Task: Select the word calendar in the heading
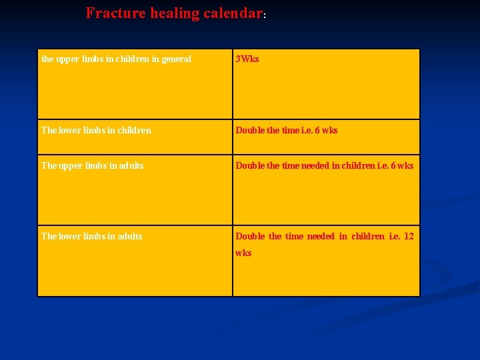[233, 13]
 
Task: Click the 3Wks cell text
[247, 59]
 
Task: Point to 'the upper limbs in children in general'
[116, 59]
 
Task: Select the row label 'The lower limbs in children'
[96, 130]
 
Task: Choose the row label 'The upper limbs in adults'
[92, 165]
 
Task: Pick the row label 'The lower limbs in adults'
[91, 236]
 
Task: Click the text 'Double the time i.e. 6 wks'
[287, 130]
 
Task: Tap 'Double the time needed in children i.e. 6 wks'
[325, 165]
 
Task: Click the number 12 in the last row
[409, 236]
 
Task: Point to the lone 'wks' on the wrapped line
[243, 253]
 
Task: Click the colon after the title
[264, 15]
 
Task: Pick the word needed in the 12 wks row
[321, 236]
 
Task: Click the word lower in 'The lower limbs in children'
[70, 130]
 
